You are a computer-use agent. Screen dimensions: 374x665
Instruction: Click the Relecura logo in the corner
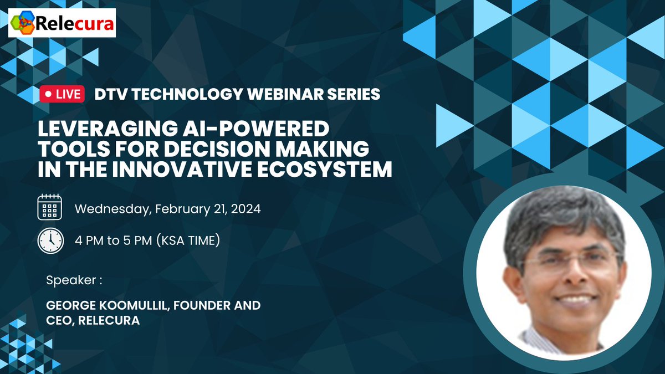point(62,23)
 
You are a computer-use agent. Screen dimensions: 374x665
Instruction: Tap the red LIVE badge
point(62,94)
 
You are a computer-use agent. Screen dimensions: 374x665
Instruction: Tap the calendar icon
point(50,209)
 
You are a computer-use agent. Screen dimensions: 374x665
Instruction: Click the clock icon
point(50,240)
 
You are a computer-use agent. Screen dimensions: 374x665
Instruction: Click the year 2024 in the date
point(246,210)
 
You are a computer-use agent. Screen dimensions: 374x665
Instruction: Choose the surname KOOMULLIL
point(145,305)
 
